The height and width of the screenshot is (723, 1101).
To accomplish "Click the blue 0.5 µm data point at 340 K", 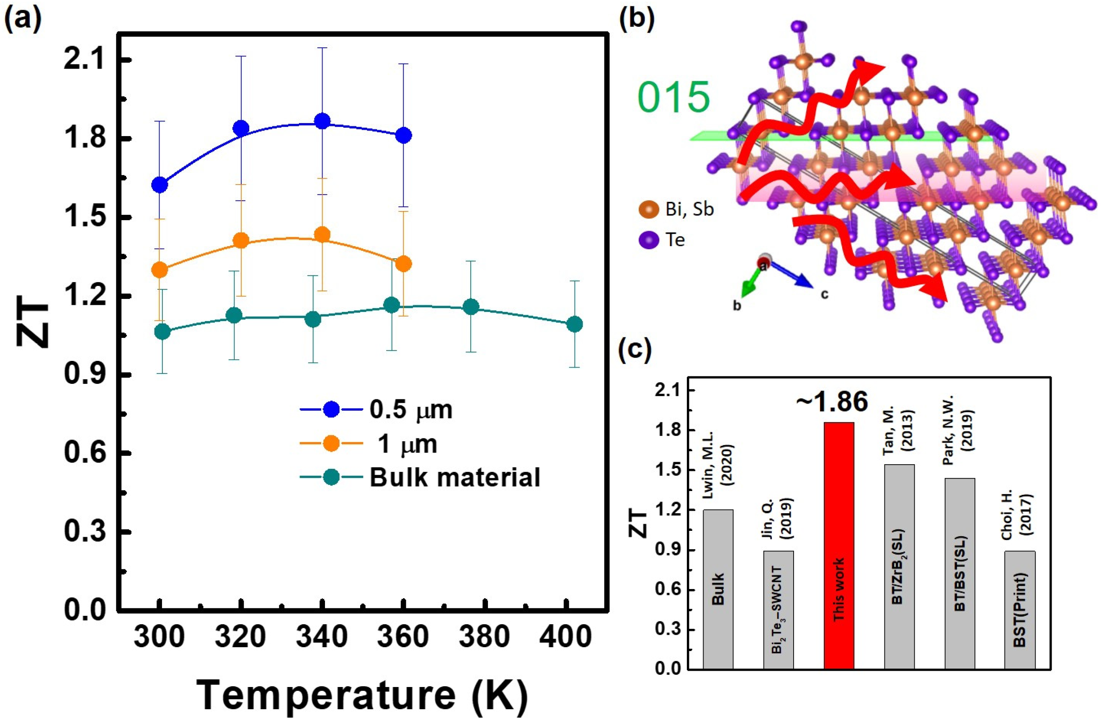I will tap(322, 121).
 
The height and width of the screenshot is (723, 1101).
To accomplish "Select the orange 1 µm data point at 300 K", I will tap(160, 269).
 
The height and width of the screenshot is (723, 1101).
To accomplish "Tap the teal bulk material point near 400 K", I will tap(575, 324).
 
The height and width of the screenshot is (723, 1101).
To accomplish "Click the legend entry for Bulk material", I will tap(454, 477).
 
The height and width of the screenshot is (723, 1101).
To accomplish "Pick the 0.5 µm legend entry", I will tap(410, 410).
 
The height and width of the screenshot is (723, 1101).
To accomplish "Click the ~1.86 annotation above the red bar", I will tap(831, 402).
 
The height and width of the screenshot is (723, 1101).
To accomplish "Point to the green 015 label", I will tap(673, 98).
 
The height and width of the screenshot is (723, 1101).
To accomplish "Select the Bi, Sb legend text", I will tap(689, 210).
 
